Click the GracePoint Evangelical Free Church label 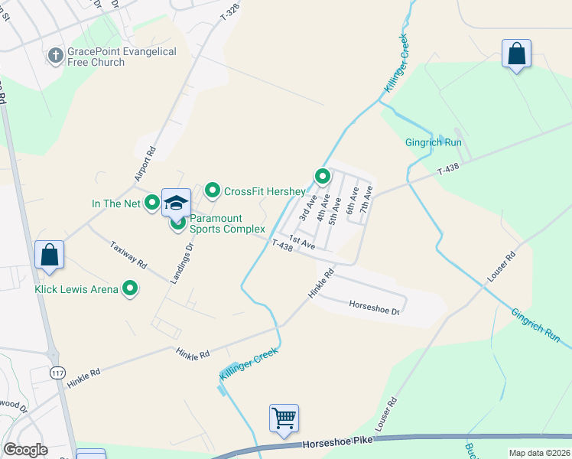(122, 57)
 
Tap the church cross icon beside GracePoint (55, 55)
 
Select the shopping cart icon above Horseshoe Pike (284, 418)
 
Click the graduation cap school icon (177, 203)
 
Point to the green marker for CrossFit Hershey (213, 190)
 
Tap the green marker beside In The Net (152, 203)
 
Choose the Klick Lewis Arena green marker (131, 289)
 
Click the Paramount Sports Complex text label (227, 223)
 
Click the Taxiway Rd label (128, 253)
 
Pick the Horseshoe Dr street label (375, 308)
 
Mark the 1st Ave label (302, 243)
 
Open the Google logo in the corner (25, 450)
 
